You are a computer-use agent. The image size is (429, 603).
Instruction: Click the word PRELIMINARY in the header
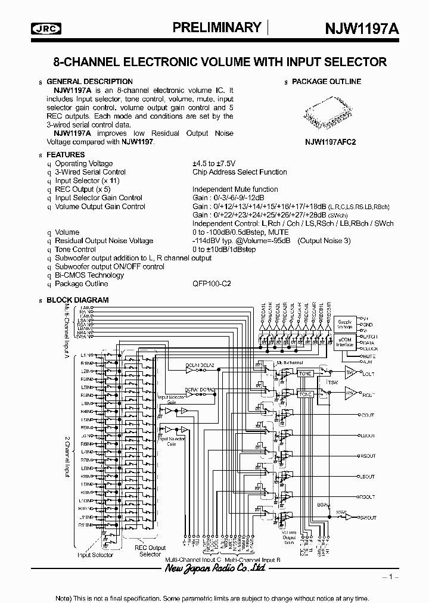[x=216, y=27]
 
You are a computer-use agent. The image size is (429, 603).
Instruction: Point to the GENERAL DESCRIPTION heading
[x=89, y=82]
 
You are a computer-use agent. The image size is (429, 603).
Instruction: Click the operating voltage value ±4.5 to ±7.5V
[x=214, y=163]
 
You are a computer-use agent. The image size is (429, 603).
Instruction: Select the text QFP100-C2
[x=211, y=284]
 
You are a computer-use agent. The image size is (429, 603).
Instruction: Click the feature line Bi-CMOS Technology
[x=89, y=275]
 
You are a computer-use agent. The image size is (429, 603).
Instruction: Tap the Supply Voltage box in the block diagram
[x=345, y=324]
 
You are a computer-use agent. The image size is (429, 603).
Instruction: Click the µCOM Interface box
[x=345, y=344]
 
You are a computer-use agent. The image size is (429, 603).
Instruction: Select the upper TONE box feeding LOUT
[x=306, y=374]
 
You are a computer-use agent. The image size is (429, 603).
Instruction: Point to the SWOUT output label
[x=368, y=517]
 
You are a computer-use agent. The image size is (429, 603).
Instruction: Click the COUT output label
[x=368, y=415]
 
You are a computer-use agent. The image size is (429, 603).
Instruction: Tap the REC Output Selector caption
[x=150, y=551]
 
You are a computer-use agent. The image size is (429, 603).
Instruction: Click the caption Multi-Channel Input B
[x=253, y=560]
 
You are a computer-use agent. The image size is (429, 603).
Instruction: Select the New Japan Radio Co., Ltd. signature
[x=214, y=570]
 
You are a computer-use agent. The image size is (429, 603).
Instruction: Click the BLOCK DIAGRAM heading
[x=77, y=300]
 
